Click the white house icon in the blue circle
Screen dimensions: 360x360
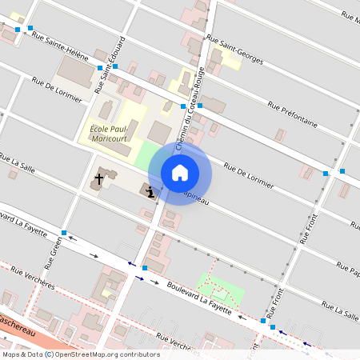click(x=180, y=172)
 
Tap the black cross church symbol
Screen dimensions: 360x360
click(x=100, y=178)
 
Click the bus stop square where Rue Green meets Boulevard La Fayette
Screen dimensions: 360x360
click(x=64, y=233)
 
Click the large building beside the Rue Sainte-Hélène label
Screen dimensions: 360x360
click(x=77, y=71)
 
